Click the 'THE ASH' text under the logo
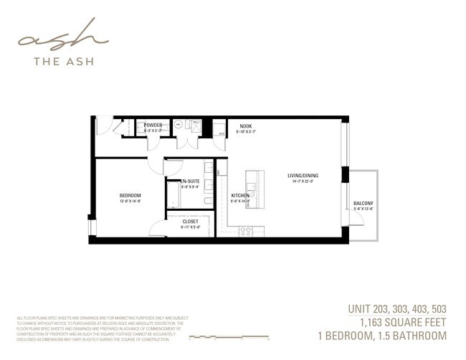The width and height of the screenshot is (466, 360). click(62, 62)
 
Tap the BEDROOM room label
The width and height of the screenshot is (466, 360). click(130, 196)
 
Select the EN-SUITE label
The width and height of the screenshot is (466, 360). click(191, 181)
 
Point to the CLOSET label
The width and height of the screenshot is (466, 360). click(190, 222)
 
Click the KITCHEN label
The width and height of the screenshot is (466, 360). click(239, 196)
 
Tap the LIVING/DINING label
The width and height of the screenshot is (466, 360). click(303, 176)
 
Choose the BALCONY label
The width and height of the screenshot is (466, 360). click(363, 204)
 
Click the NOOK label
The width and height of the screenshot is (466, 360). click(245, 127)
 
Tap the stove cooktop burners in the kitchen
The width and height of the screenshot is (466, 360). click(245, 231)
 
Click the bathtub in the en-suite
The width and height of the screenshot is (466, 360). click(173, 194)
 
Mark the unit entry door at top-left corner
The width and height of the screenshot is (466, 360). click(105, 125)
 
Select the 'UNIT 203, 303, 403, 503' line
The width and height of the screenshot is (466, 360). click(396, 309)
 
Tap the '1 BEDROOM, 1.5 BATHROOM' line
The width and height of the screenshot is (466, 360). click(383, 336)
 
